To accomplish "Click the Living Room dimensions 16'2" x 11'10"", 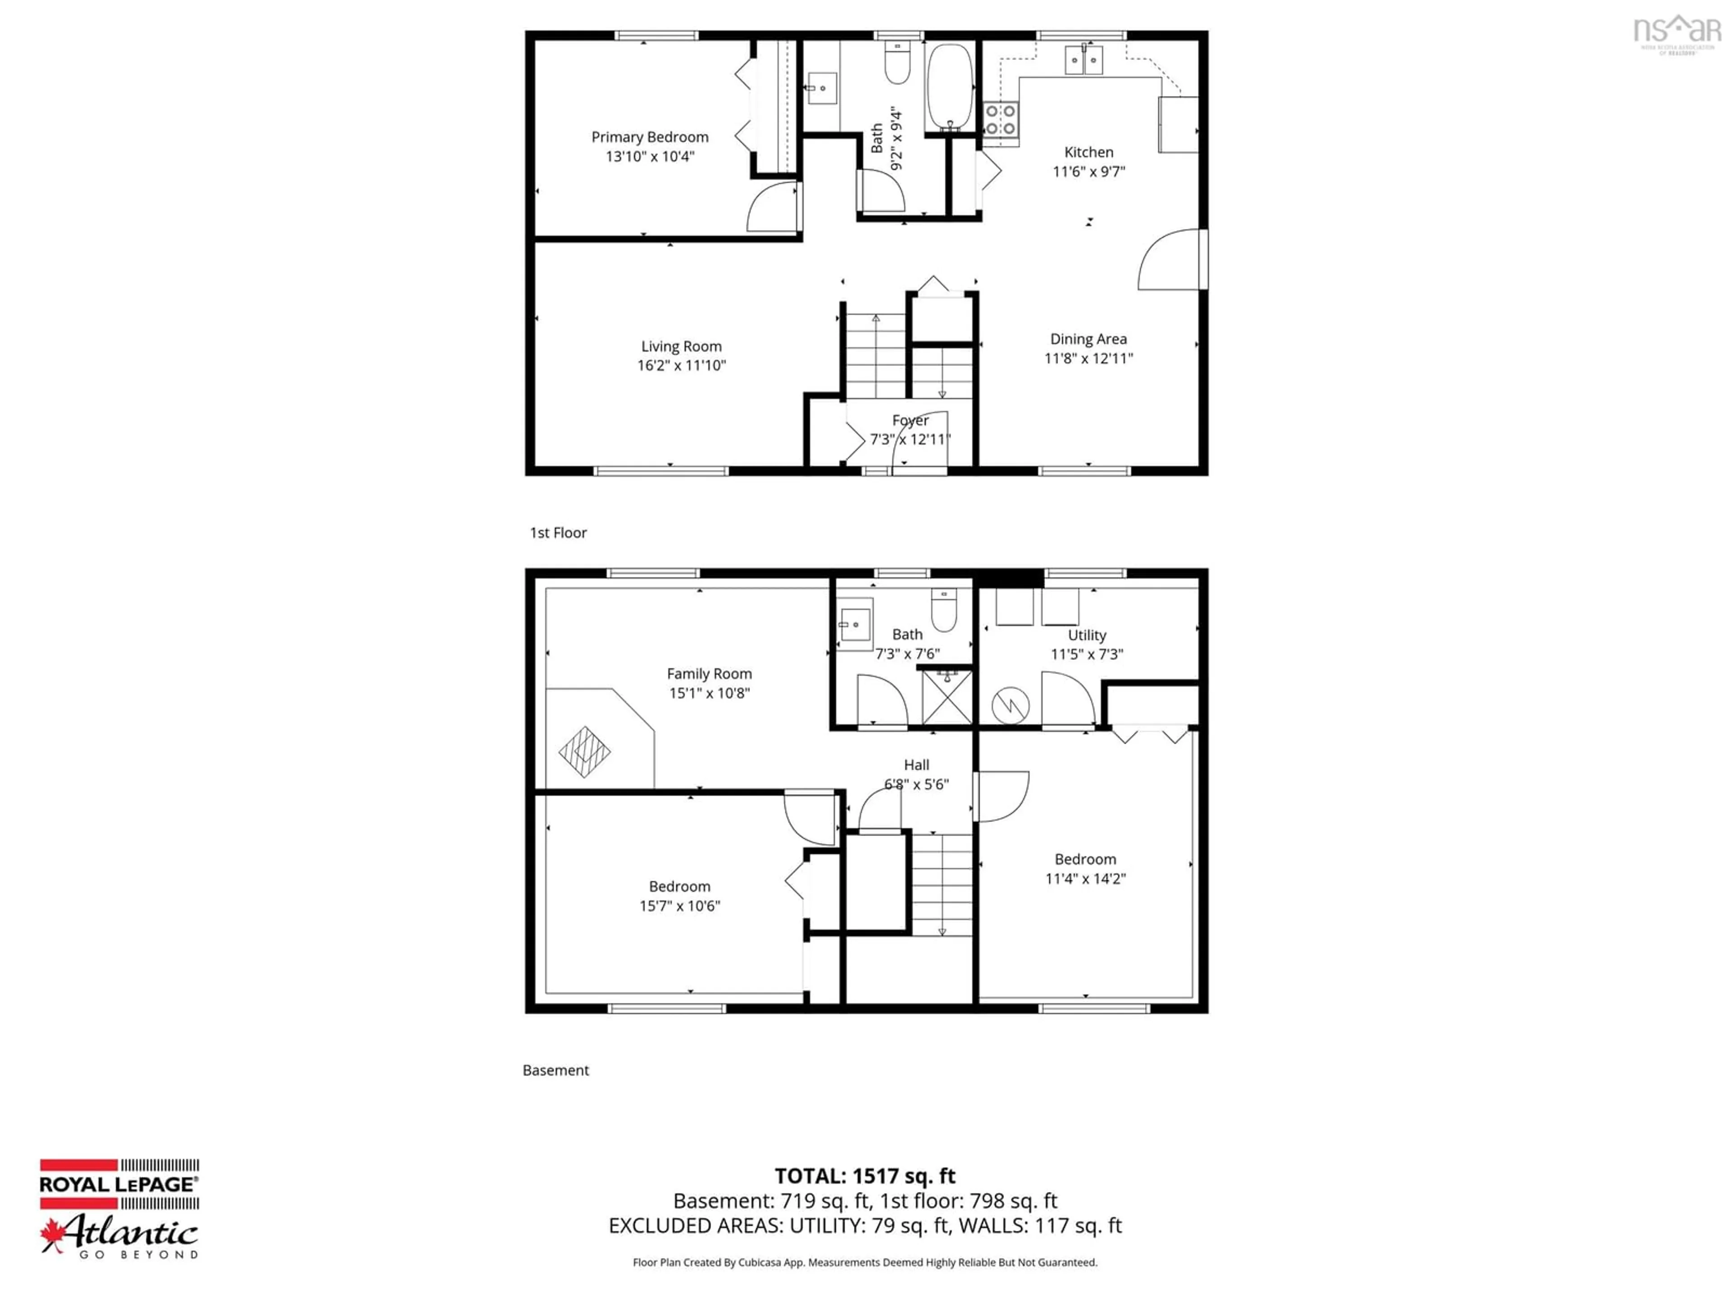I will pos(681,365).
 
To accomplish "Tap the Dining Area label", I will pos(1088,339).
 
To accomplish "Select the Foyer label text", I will pos(911,420).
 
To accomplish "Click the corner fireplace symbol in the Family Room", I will pos(584,751).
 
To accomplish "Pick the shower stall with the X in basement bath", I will pos(947,697).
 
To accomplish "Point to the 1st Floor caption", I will pos(558,532).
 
